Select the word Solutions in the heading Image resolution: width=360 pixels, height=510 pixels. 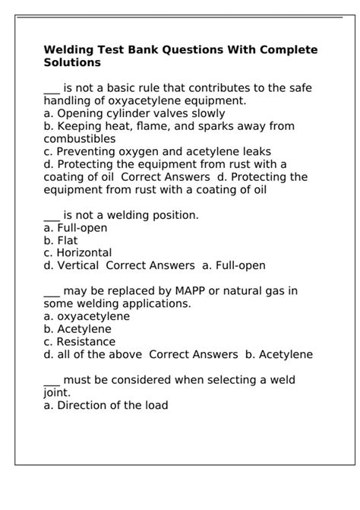point(72,62)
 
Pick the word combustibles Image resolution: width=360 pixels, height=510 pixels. point(80,139)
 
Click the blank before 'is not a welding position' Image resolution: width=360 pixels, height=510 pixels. point(52,215)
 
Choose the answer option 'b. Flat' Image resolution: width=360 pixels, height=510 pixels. point(61,240)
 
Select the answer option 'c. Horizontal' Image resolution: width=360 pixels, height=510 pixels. point(77,253)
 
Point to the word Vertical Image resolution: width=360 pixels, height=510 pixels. point(78,266)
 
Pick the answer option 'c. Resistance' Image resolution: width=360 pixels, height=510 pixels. point(79,341)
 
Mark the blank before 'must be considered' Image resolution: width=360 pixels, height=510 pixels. point(52,379)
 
